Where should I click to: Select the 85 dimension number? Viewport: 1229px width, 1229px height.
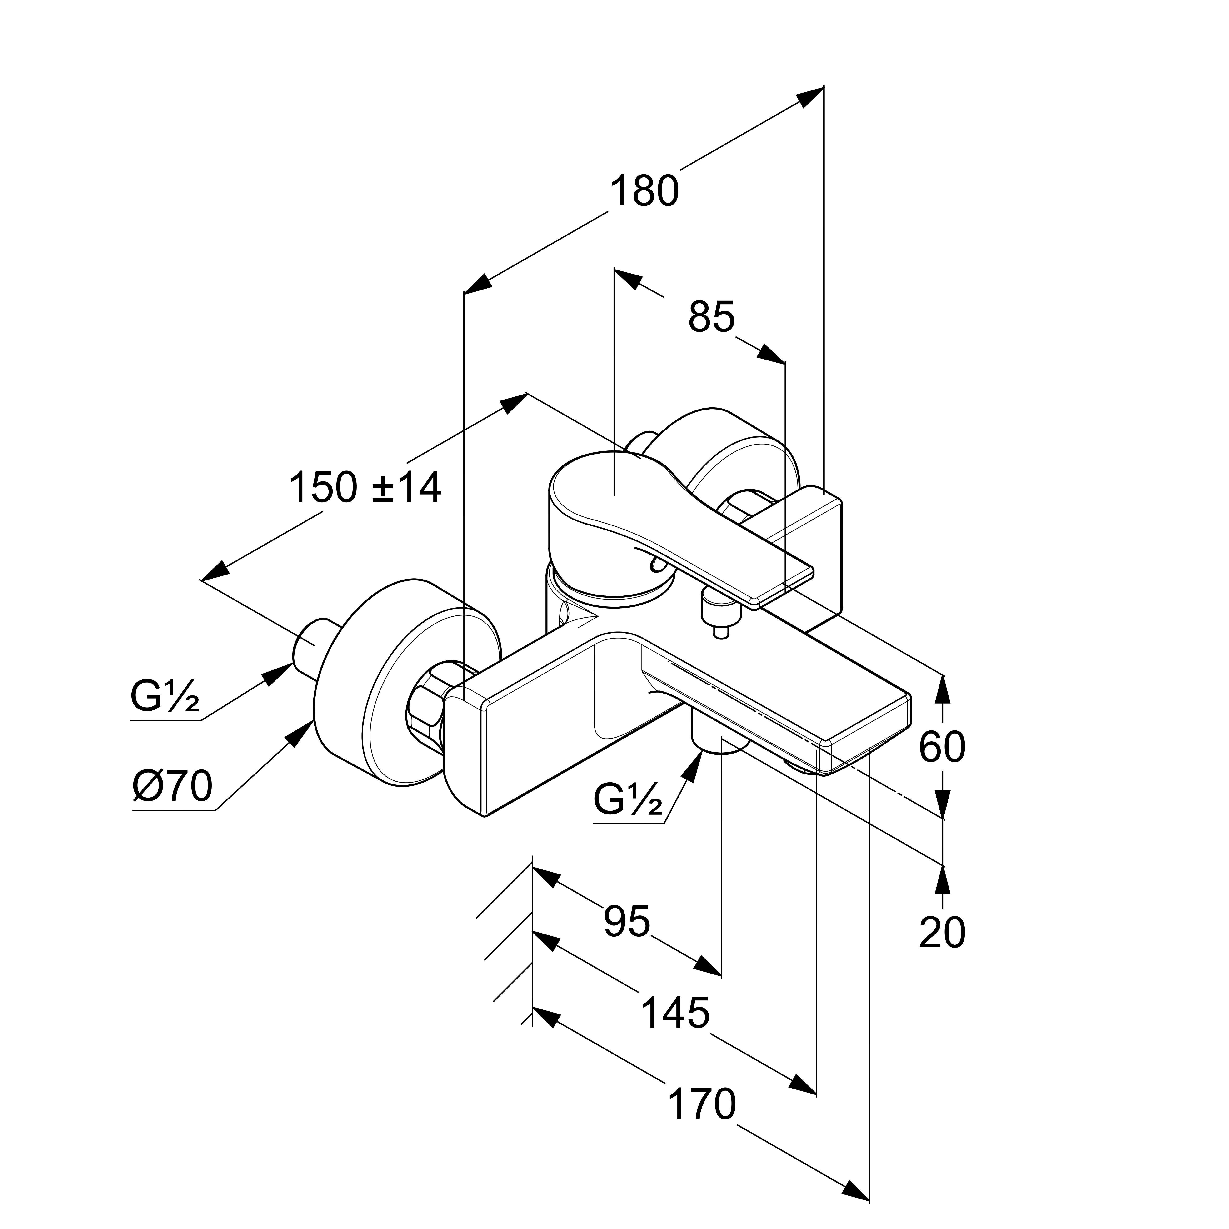coord(711,316)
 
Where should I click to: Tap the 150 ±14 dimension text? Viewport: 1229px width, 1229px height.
coord(365,488)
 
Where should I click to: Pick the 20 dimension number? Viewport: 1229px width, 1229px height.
coord(942,933)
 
